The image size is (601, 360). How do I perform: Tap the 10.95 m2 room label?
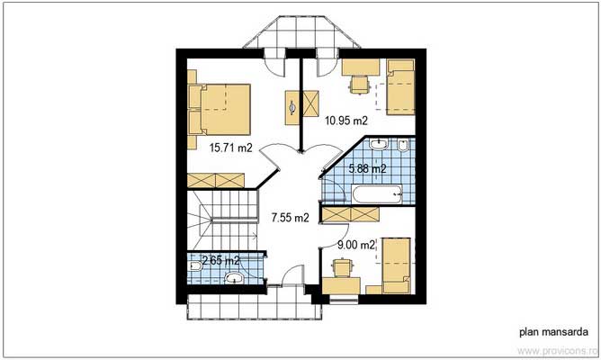346,120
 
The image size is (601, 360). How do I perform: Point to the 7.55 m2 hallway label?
290,217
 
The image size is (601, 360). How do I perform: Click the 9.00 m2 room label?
356,243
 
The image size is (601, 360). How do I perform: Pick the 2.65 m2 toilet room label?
220,260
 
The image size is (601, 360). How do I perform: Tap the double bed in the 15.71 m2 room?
221,107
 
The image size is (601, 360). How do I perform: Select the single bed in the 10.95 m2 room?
399,86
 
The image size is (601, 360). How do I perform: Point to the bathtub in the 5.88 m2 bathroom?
376,193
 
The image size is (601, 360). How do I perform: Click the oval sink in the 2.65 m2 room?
237,279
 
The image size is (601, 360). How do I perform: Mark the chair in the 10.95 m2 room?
359,84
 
